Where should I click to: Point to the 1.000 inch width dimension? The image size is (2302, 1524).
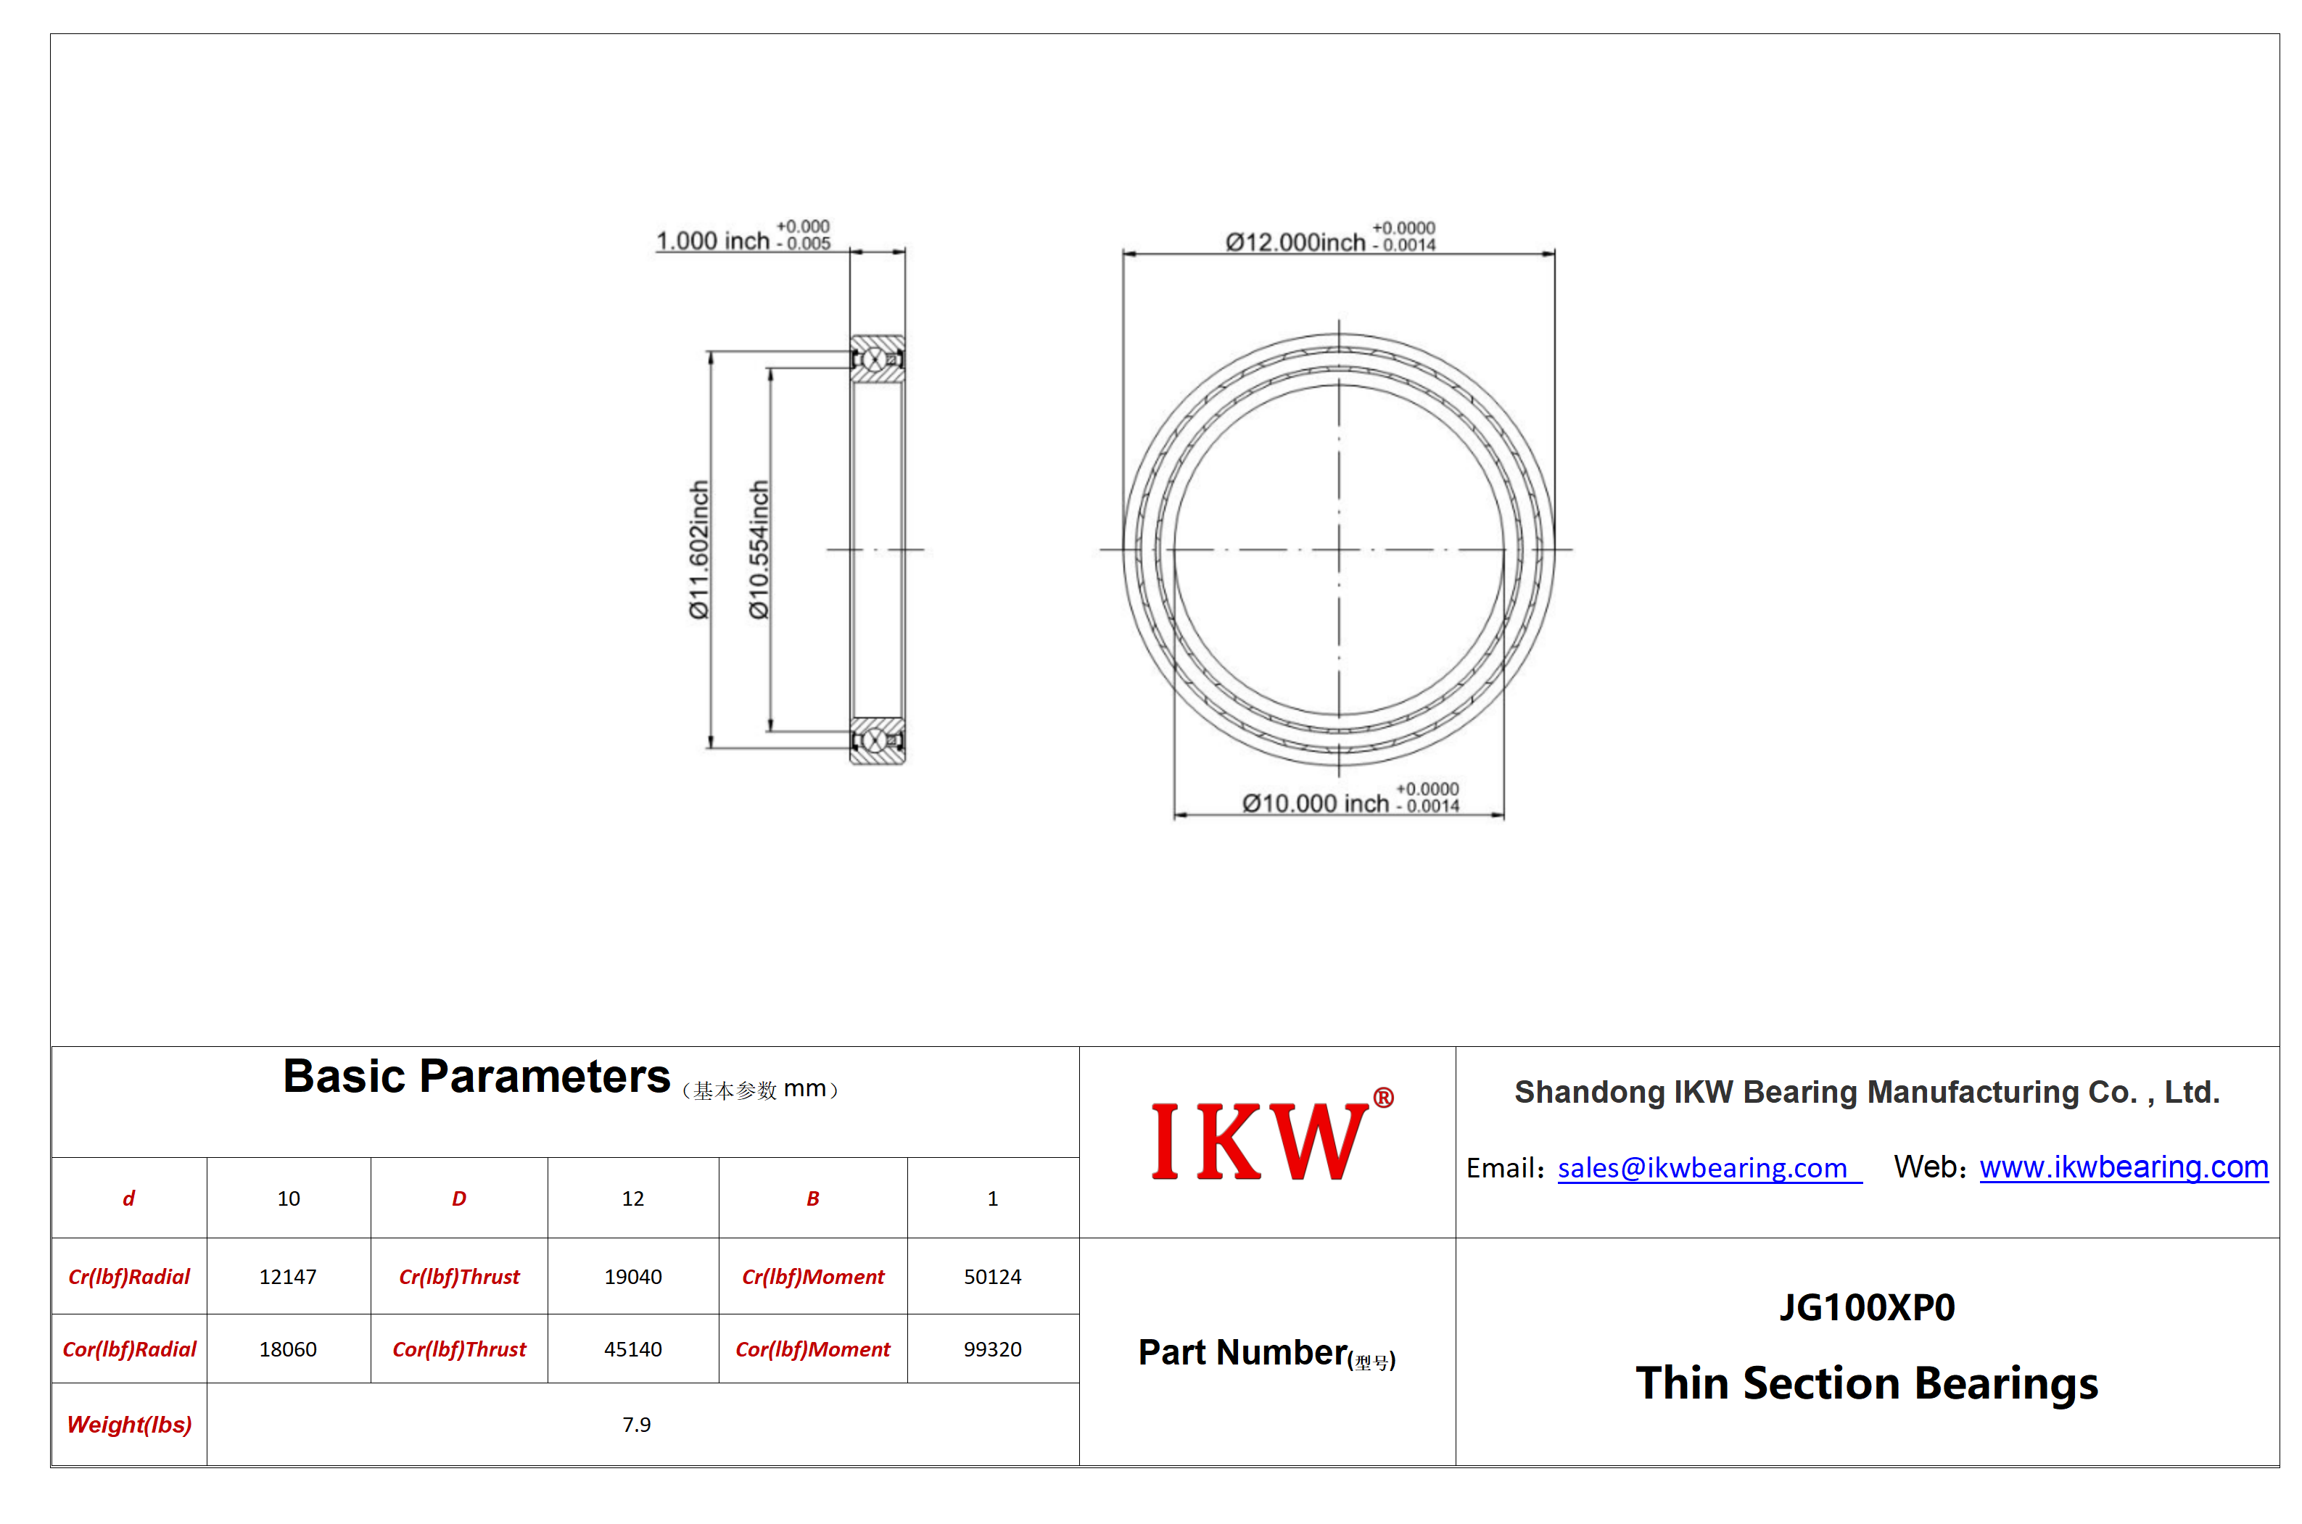tap(743, 236)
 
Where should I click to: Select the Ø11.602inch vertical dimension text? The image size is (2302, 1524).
tap(698, 549)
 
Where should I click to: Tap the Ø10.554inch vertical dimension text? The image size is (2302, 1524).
tap(758, 549)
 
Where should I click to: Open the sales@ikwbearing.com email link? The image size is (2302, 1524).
tap(1702, 1168)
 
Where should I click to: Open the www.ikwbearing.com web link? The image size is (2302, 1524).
tap(2123, 1167)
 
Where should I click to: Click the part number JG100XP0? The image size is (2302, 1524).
tap(1867, 1307)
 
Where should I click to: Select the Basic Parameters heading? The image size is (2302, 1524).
tap(477, 1076)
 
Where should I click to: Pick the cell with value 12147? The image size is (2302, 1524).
tap(288, 1276)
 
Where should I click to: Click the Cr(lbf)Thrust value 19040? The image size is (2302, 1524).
tap(633, 1276)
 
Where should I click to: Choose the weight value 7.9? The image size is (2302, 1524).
tap(637, 1424)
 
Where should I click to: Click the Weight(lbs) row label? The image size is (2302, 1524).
tap(129, 1424)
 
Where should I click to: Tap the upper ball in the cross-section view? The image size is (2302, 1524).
tap(874, 360)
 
